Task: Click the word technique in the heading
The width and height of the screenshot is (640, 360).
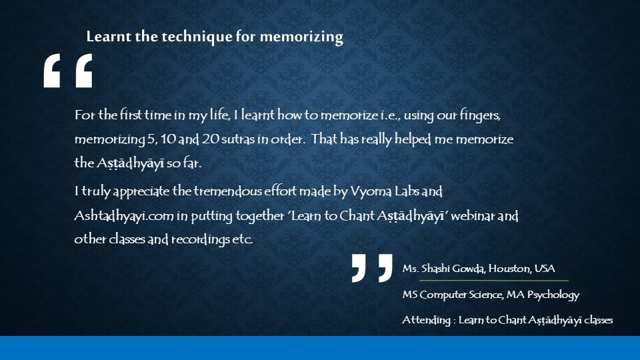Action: pyautogui.click(x=197, y=37)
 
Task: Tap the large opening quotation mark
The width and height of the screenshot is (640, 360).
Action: pyautogui.click(x=68, y=71)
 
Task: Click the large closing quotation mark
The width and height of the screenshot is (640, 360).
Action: pyautogui.click(x=372, y=268)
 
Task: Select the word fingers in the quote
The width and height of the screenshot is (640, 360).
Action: pyautogui.click(x=480, y=116)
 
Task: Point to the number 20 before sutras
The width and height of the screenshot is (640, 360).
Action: pyautogui.click(x=210, y=139)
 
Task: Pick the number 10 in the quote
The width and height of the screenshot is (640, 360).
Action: pyautogui.click(x=168, y=139)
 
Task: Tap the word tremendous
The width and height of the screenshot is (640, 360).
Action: pyautogui.click(x=227, y=191)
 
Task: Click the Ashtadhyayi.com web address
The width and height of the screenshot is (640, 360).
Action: pyautogui.click(x=124, y=216)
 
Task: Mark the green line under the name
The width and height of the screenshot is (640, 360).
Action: pyautogui.click(x=494, y=281)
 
